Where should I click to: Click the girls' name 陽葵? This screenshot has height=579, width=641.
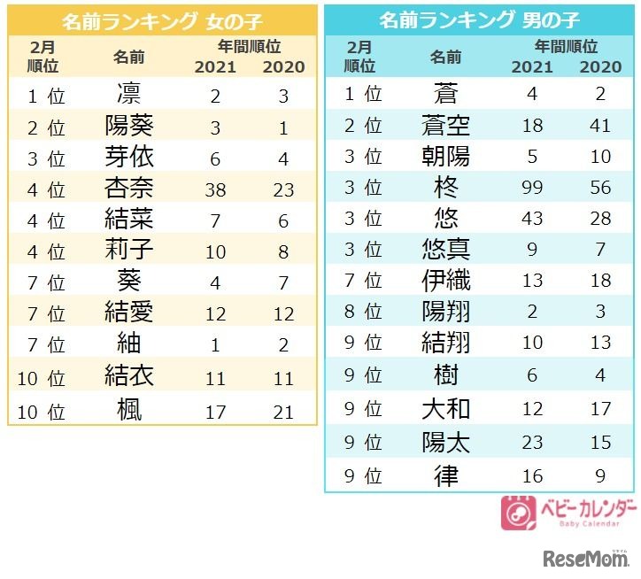point(129,127)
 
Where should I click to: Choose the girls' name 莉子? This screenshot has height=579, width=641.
point(129,251)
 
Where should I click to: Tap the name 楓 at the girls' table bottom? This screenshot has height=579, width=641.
point(129,409)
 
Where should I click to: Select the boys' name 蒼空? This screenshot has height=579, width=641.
point(446,126)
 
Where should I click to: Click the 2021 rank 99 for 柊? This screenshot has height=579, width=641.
point(532,188)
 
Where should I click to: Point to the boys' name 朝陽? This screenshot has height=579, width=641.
point(446,157)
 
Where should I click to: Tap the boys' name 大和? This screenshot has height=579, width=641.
point(446,408)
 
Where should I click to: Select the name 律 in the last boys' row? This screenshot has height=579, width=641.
point(446,475)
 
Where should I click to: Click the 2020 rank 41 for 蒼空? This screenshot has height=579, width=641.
point(601,126)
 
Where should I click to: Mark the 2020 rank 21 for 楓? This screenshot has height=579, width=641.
point(283,409)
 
